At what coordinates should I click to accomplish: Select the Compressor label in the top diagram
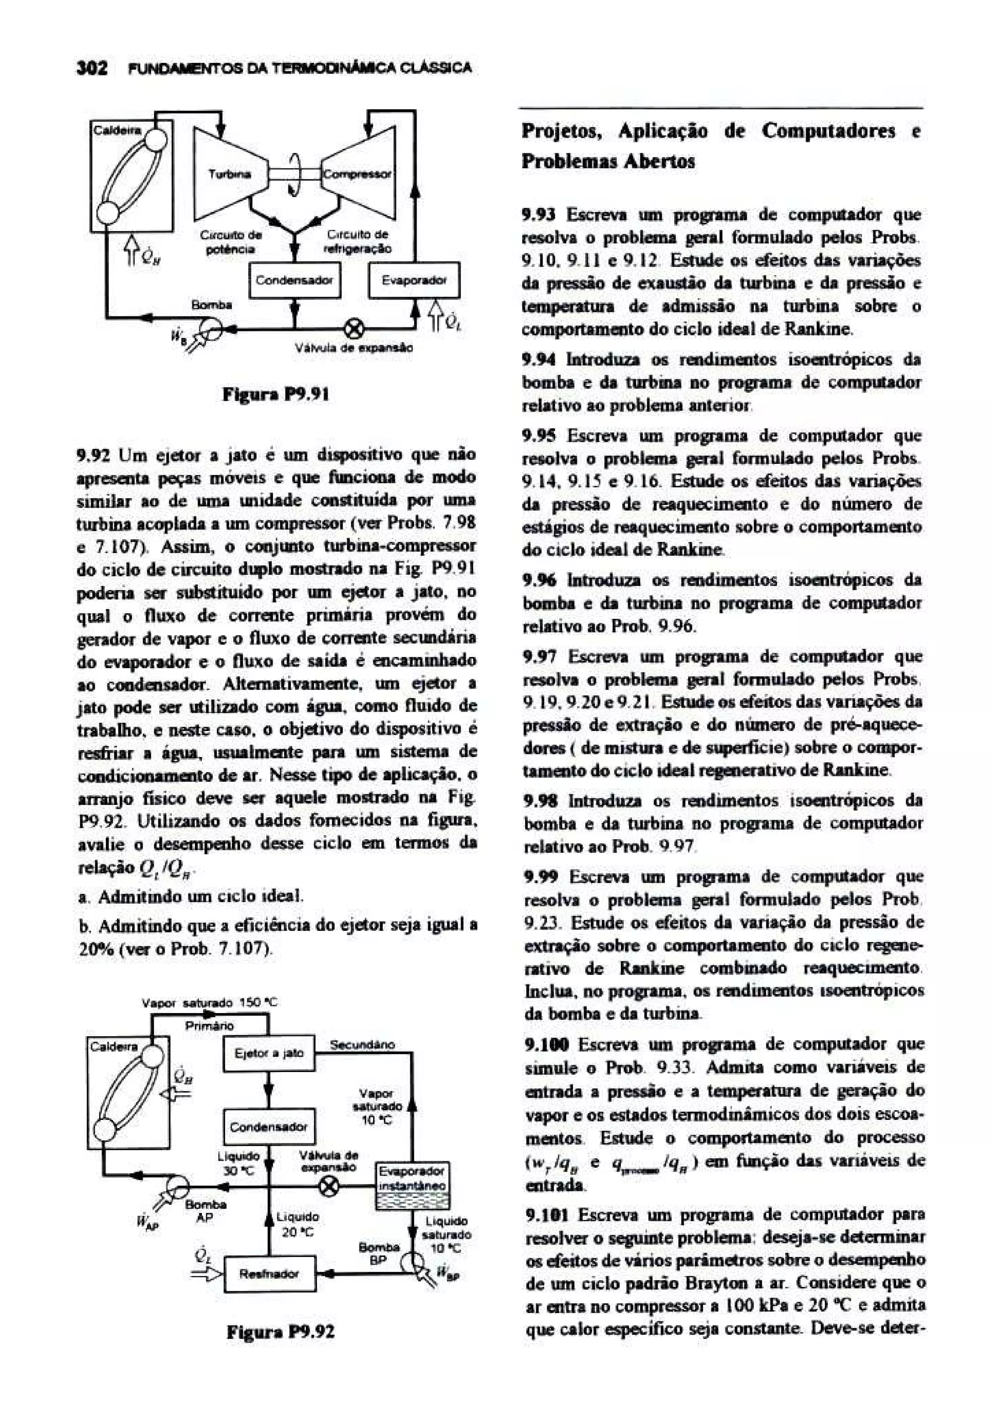pos(357,174)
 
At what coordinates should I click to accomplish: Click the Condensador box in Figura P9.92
pos(269,1127)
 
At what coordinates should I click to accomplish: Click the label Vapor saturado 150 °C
pos(210,1003)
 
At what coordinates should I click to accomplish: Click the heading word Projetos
pos(560,131)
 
